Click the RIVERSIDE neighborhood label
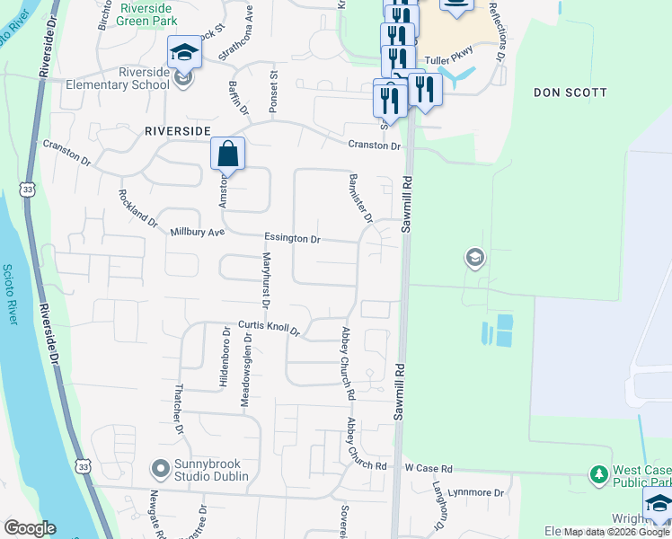click(178, 131)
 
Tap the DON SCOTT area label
click(570, 93)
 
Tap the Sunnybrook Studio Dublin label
click(215, 468)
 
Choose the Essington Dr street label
click(292, 239)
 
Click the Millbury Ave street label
click(197, 232)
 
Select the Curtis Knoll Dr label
click(268, 329)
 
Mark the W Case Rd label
click(429, 468)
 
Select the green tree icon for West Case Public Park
click(598, 473)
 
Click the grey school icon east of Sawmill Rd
click(473, 260)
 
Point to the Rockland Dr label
click(137, 208)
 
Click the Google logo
click(31, 528)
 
